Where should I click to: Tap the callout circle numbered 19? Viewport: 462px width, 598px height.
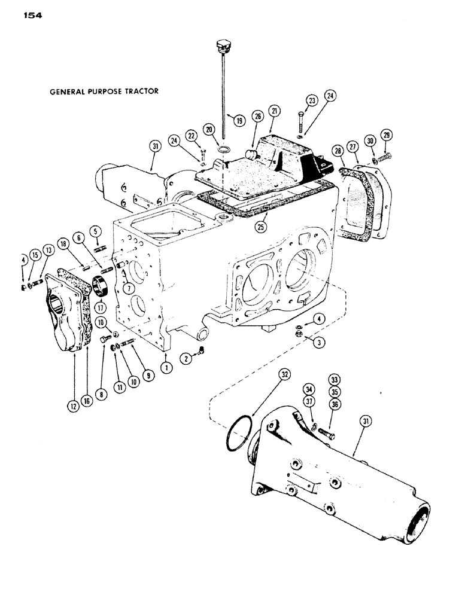click(x=239, y=120)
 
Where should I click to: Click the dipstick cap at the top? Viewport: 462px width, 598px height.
click(x=221, y=46)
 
